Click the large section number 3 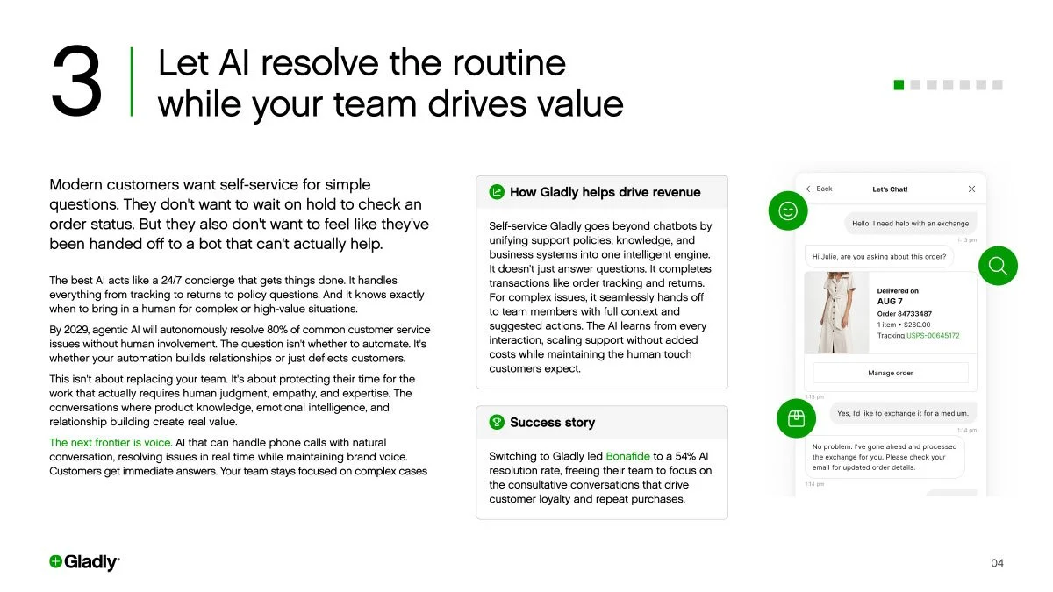[76, 82]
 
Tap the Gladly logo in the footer [84, 562]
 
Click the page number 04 [997, 563]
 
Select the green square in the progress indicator [899, 85]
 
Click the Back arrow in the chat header [809, 189]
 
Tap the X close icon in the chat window [971, 189]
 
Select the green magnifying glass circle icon [998, 266]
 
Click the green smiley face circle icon [788, 210]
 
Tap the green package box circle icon [797, 418]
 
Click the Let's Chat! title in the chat [890, 189]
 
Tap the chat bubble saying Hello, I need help [910, 224]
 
